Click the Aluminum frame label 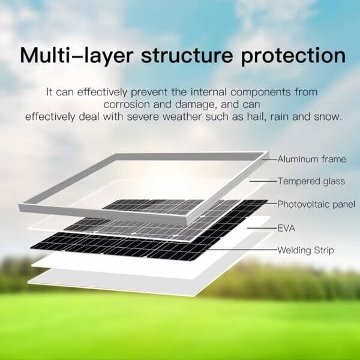(311, 159)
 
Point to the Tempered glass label (311, 181)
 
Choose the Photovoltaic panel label (316, 204)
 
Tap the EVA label (286, 228)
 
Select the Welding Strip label (305, 250)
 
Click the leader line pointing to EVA (261, 228)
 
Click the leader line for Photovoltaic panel (271, 204)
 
